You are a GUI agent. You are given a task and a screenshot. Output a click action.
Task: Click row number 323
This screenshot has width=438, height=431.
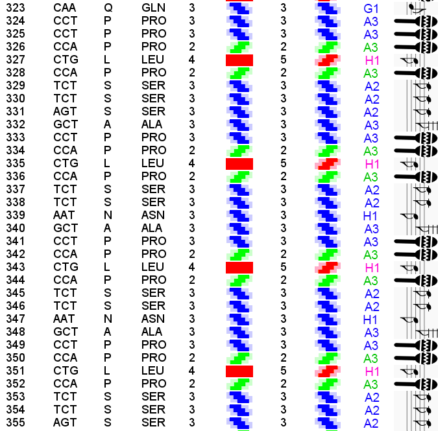(x=15, y=8)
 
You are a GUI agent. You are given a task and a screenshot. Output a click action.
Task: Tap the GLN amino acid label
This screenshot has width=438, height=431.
(x=153, y=8)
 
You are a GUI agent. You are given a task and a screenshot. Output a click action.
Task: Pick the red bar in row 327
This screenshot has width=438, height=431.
(x=239, y=60)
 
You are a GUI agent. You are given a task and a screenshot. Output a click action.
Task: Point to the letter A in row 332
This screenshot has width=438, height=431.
(x=107, y=124)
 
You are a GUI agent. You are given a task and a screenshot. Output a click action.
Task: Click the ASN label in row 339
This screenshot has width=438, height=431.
(x=153, y=215)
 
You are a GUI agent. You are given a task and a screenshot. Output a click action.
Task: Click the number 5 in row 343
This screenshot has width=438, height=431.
(x=283, y=267)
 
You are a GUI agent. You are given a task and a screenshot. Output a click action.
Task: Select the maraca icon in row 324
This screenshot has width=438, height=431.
(x=415, y=21)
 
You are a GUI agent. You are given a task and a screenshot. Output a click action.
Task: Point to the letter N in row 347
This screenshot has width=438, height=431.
(x=108, y=319)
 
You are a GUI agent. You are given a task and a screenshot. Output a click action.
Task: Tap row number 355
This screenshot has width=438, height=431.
(x=15, y=423)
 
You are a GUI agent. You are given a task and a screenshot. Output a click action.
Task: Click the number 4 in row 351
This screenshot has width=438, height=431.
(x=191, y=371)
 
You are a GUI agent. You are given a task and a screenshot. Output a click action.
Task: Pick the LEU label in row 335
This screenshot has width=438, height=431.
(x=153, y=163)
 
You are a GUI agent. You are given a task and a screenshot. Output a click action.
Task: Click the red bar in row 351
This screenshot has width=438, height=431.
(x=239, y=371)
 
